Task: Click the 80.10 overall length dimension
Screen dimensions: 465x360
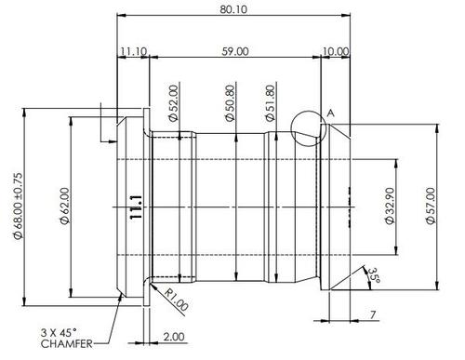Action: click(x=233, y=9)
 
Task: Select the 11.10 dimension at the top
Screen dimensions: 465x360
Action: click(x=134, y=51)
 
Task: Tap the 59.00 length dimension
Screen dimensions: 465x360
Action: click(x=235, y=51)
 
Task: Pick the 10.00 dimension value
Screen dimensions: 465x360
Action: click(x=336, y=51)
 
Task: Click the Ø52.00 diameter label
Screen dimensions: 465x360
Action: click(x=174, y=103)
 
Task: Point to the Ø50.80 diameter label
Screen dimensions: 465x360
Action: click(x=231, y=103)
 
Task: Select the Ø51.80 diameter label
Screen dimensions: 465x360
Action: click(x=271, y=103)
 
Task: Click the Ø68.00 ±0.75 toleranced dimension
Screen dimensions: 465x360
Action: click(x=18, y=206)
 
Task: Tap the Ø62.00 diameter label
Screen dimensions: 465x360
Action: click(x=65, y=206)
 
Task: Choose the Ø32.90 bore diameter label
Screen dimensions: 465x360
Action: click(x=390, y=206)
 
